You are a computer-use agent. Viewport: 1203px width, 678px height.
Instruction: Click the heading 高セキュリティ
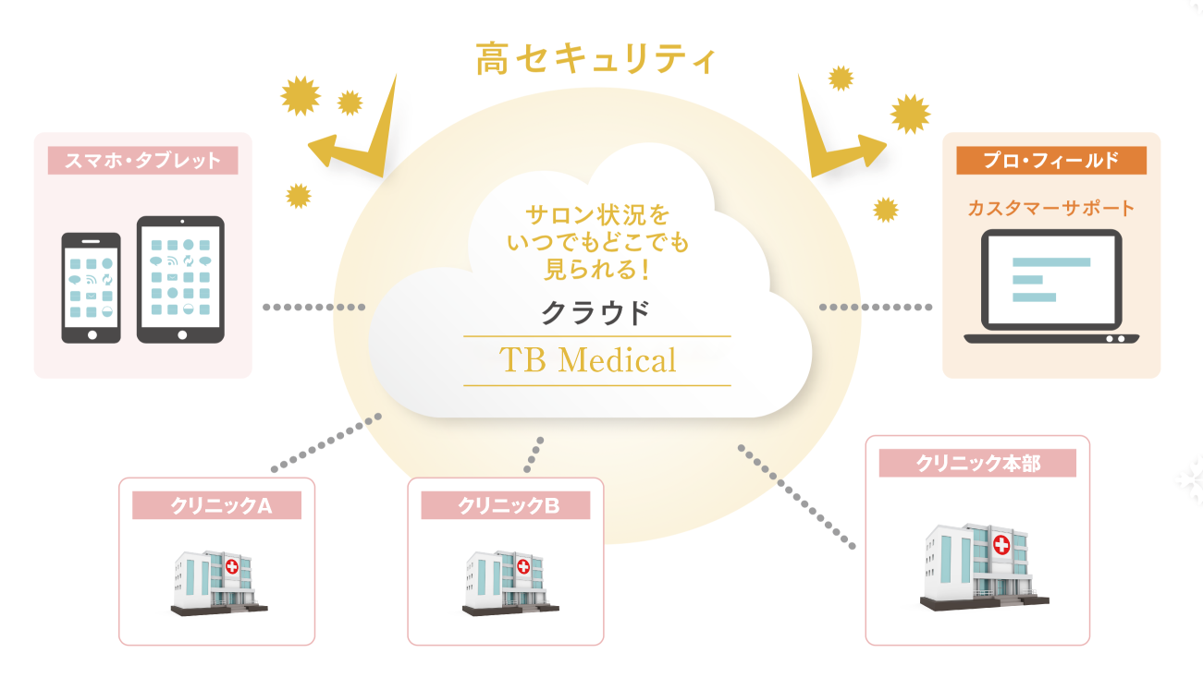click(x=596, y=58)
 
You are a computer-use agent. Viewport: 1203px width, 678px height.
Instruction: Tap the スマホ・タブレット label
click(x=142, y=161)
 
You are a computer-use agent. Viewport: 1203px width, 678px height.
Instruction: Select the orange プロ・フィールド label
click(x=1051, y=161)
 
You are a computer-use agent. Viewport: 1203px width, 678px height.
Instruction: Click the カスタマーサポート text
click(x=1051, y=208)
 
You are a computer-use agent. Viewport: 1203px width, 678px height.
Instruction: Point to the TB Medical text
click(x=588, y=360)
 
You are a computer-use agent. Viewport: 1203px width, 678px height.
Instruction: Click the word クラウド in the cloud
click(x=595, y=313)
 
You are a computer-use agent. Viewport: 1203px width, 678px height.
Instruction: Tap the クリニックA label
click(x=217, y=505)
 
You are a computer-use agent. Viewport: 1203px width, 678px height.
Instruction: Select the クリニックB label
click(x=506, y=505)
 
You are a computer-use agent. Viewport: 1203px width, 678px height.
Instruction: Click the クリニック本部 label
click(x=977, y=463)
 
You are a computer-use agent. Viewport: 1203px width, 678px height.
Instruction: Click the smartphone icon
click(x=92, y=288)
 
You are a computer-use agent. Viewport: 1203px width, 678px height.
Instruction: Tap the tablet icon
click(x=180, y=280)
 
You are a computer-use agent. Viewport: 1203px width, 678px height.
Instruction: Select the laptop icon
click(x=1051, y=286)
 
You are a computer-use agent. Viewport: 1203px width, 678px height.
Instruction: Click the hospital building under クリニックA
click(x=219, y=583)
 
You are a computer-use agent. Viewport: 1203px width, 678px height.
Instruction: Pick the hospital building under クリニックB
click(x=510, y=583)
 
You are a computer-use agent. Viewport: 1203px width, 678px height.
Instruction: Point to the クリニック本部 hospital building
click(x=984, y=567)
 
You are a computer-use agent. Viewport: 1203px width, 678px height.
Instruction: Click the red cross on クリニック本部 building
click(x=1001, y=545)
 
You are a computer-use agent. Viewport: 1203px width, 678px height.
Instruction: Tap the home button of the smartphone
click(x=92, y=335)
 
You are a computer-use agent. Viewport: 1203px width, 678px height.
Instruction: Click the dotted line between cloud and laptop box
click(x=876, y=308)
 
